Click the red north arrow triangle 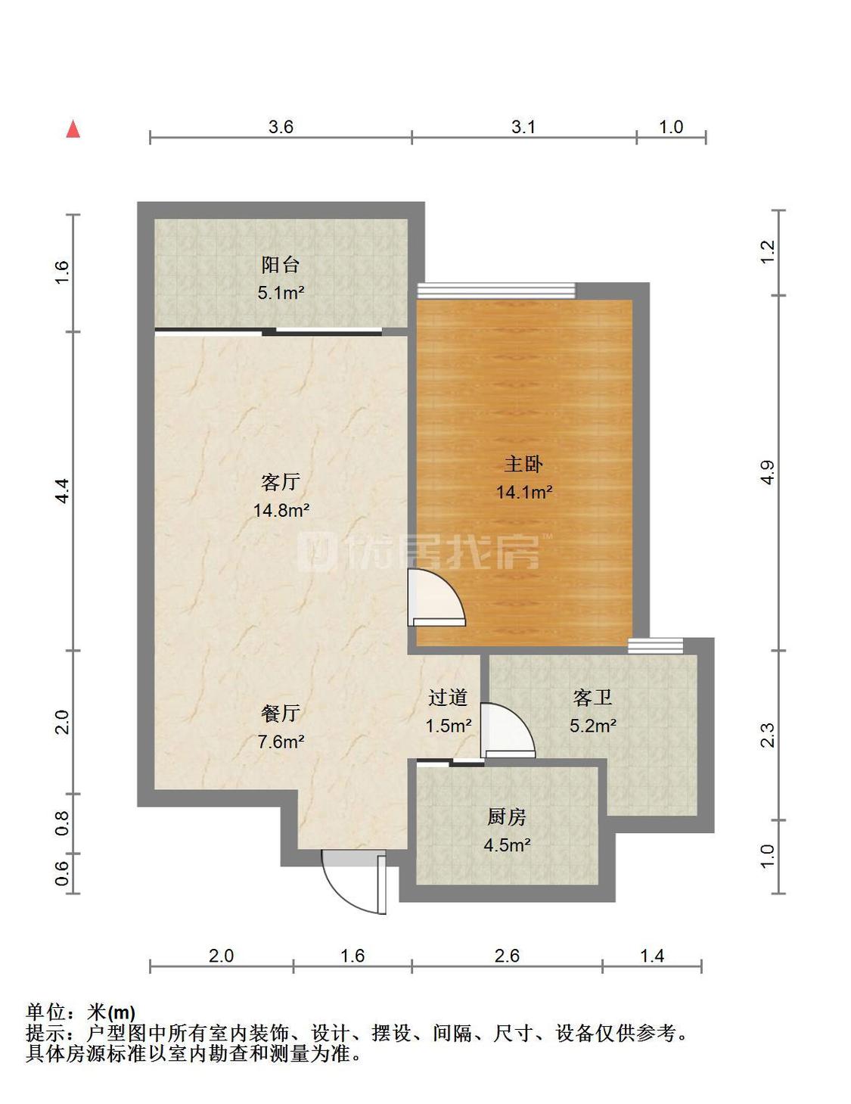pos(73,129)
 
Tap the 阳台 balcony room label pos(281,265)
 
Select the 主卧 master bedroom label pos(523,464)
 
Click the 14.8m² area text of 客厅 pos(281,510)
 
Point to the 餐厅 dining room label pos(281,714)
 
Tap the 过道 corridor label pos(447,698)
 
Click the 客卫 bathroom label pos(592,698)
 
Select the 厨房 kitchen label pos(507,817)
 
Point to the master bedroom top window pos(496,290)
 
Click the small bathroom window pos(656,645)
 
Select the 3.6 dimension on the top pos(281,126)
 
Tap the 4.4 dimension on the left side pos(62,491)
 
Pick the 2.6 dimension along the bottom pos(507,956)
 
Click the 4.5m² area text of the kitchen pos(508,845)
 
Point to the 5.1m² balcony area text pos(281,293)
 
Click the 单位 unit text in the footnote pos(45,1012)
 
